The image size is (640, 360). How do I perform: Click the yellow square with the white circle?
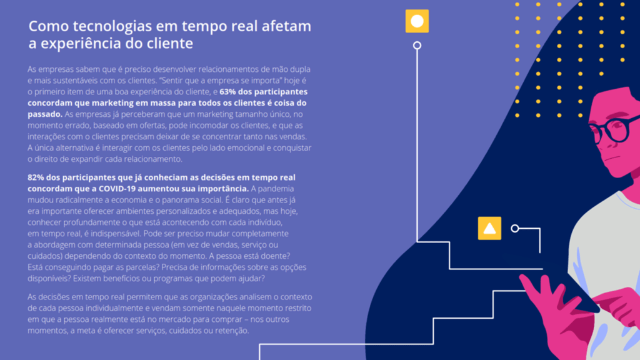point(417,21)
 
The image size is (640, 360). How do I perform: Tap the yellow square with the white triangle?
point(489,228)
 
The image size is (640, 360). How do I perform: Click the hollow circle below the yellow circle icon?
point(417,45)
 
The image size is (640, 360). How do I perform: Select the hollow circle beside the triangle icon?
point(515,229)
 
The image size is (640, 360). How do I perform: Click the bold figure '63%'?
point(227,92)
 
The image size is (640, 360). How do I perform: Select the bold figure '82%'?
point(36,177)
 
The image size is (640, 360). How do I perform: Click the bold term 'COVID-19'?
point(116,189)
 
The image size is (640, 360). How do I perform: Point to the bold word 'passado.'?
point(45,114)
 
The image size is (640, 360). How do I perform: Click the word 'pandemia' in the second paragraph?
point(276,189)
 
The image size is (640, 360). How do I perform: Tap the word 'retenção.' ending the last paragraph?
point(232,331)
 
